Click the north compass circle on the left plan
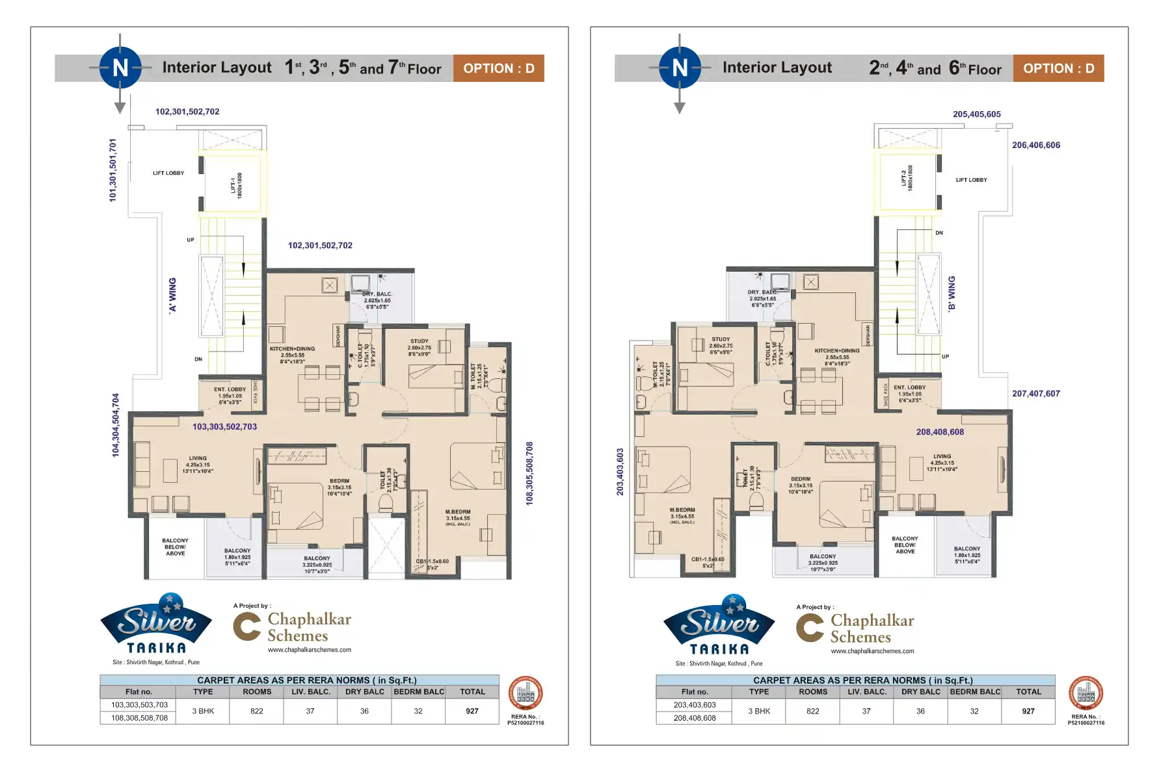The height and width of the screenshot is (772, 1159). (x=120, y=68)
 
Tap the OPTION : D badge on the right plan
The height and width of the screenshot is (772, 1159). (x=1058, y=68)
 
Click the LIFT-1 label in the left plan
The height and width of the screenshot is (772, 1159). (x=236, y=185)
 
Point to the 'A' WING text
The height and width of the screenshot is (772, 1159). (x=172, y=295)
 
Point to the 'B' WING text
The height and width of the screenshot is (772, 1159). (x=952, y=294)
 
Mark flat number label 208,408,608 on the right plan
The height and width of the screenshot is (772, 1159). (x=940, y=431)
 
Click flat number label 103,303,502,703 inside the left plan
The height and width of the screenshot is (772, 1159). (x=224, y=426)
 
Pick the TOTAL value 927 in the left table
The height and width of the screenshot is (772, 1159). (x=472, y=711)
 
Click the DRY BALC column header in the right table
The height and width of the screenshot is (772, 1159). (x=920, y=691)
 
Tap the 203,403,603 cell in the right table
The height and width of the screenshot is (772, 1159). (x=695, y=704)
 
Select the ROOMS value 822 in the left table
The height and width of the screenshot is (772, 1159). (x=257, y=711)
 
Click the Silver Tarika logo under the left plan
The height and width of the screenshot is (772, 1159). (x=156, y=624)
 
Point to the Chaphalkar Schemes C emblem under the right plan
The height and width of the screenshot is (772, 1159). (x=810, y=628)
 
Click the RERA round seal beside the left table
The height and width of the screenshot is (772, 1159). (x=525, y=694)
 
